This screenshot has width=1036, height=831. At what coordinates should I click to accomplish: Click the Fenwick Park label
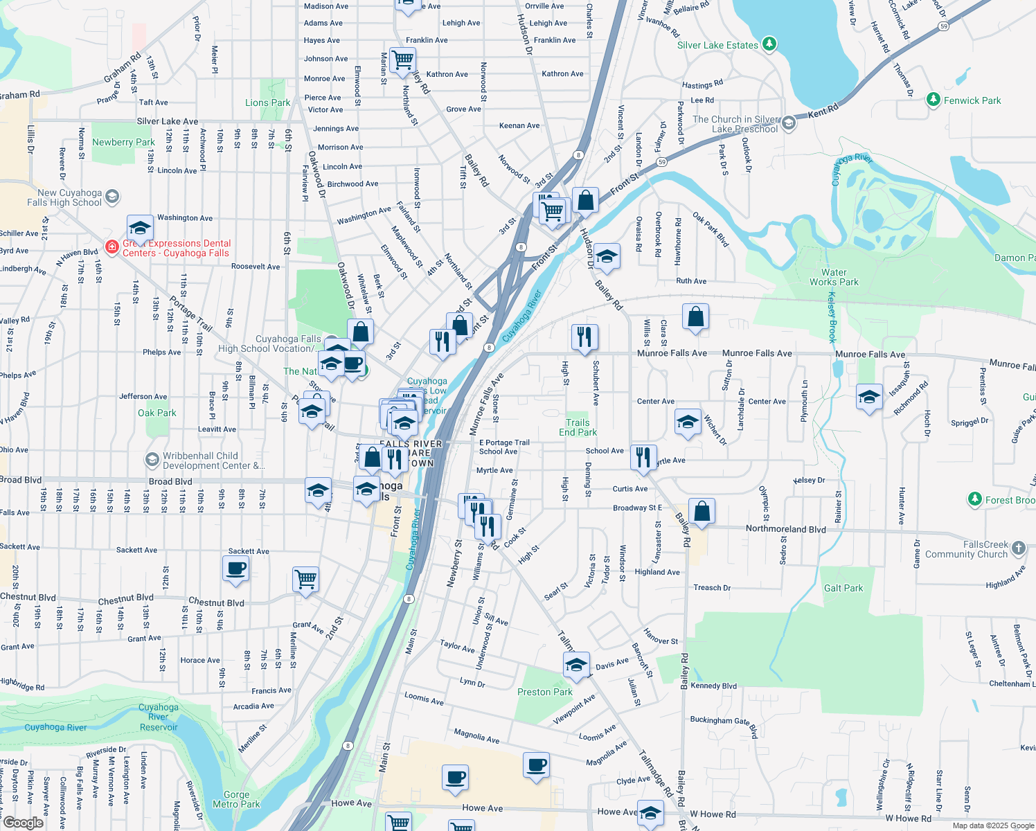coord(972,100)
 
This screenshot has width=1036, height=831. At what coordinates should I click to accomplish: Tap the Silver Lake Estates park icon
coord(769,45)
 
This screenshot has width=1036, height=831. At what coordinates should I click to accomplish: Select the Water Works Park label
coord(834,277)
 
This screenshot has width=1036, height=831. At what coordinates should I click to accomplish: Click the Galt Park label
coord(843,588)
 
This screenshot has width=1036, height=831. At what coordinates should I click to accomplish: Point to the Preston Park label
coord(545,692)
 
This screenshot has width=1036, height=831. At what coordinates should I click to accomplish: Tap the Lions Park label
coord(267,102)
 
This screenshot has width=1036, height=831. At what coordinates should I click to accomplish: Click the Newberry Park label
coord(123,142)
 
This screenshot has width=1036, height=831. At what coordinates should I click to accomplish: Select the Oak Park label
coord(157,413)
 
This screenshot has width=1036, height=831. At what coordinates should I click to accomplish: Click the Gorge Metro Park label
coord(236,799)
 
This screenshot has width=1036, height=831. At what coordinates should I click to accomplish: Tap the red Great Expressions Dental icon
coord(111,247)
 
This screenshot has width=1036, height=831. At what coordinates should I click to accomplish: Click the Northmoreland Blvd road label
coord(785,529)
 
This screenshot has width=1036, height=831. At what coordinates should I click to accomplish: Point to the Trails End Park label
coord(578,427)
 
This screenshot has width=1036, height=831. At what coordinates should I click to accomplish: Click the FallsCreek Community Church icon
coord(1018,548)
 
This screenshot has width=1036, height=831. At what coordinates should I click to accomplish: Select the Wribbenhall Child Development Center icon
coord(152,460)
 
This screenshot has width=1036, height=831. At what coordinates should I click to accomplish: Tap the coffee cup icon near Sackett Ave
coord(236,569)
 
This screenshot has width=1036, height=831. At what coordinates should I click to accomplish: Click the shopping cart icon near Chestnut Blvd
coord(305,578)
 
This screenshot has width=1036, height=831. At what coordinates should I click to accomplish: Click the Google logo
coord(23,822)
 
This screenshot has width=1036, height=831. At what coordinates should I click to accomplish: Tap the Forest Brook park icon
coord(974,499)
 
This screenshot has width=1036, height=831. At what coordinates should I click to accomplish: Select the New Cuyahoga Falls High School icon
coord(113,197)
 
